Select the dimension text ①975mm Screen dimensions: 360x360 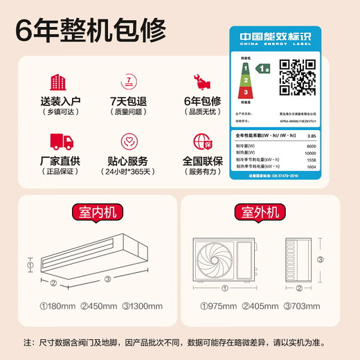[x=216, y=305]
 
